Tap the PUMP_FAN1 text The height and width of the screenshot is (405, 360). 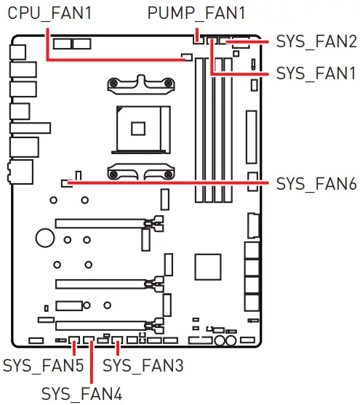pyautogui.click(x=196, y=13)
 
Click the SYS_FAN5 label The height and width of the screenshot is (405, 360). pyautogui.click(x=43, y=361)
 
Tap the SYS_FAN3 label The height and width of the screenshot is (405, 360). pyautogui.click(x=143, y=361)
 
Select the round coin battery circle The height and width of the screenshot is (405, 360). pyautogui.click(x=45, y=237)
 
